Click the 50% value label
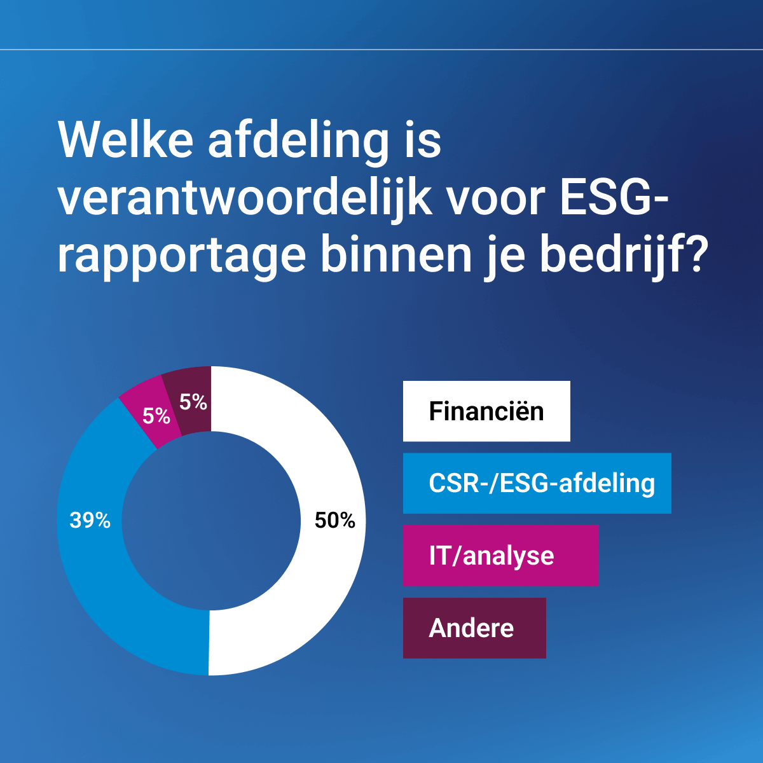click(335, 520)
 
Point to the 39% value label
click(90, 520)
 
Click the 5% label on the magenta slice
click(156, 416)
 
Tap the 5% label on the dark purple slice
click(193, 402)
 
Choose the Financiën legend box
click(486, 411)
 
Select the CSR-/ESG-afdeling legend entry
click(537, 483)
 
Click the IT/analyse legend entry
click(501, 556)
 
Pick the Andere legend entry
click(474, 628)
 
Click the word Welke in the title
click(125, 140)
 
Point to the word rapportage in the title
click(182, 257)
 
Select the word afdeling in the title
click(299, 142)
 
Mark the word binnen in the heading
click(396, 254)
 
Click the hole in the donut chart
click(211, 521)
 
